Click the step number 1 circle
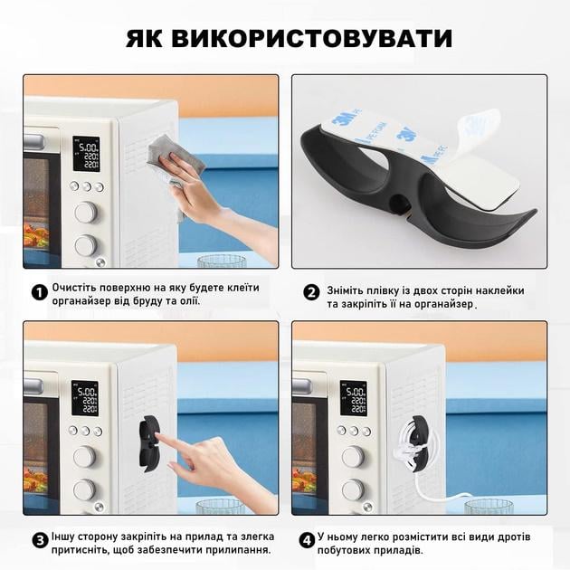(39, 292)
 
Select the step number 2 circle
(311, 292)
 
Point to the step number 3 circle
(39, 540)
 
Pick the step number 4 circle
(309, 540)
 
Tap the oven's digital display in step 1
(87, 153)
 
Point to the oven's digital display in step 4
(354, 397)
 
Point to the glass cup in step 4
(489, 506)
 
